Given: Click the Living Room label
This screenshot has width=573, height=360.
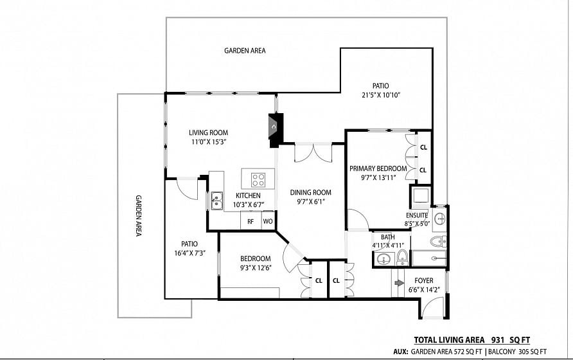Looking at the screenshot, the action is click(x=208, y=132).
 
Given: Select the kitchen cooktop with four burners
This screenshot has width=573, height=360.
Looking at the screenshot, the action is click(x=258, y=179).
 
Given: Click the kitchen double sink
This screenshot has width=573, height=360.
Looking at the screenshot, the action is click(x=216, y=201).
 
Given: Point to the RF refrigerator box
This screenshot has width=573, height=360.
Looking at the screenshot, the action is click(x=251, y=221).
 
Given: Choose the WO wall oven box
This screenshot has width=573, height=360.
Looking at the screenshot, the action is click(x=268, y=221).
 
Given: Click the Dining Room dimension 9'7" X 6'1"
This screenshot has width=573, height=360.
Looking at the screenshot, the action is click(x=310, y=202).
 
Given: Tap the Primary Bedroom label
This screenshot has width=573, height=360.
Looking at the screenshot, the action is click(x=378, y=168).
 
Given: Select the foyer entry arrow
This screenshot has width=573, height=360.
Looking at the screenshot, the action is click(x=400, y=283).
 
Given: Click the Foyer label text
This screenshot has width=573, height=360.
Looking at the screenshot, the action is click(x=424, y=281).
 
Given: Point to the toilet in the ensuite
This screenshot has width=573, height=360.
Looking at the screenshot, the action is click(x=438, y=242).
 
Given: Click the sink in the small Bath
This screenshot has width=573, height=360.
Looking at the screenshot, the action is click(x=383, y=258).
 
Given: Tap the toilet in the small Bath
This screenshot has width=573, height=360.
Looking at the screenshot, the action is click(x=402, y=257).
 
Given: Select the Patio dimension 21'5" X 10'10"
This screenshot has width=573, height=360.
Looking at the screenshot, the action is click(x=380, y=95).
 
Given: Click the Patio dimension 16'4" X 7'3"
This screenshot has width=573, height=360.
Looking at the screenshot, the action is click(x=190, y=253).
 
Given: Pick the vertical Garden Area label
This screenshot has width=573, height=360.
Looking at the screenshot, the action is click(x=139, y=215).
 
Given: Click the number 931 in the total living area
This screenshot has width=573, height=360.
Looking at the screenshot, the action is click(x=498, y=340).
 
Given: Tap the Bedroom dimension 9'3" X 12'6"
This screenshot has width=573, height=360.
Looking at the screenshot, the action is click(x=256, y=268).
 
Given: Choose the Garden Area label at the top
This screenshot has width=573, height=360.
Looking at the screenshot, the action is click(x=245, y=51).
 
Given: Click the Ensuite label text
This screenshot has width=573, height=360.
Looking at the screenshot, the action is click(x=417, y=215).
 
